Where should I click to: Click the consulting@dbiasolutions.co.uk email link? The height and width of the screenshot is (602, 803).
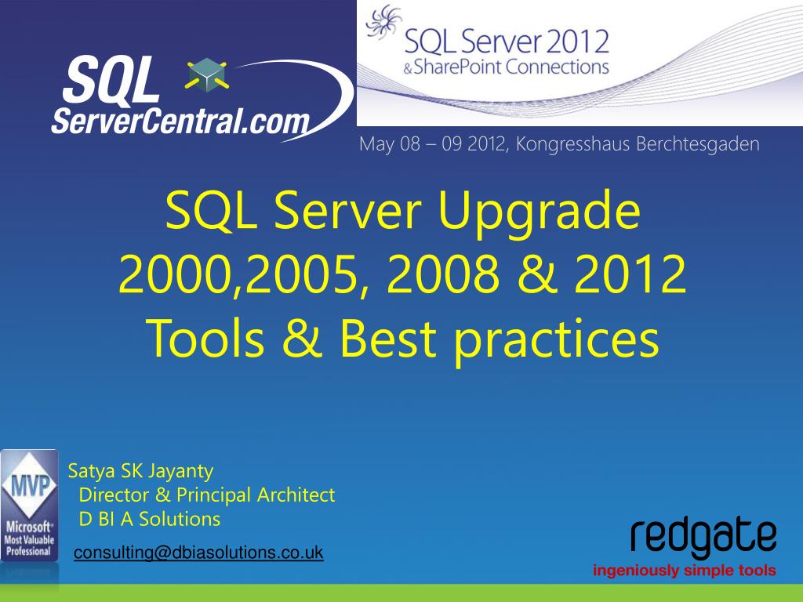click(x=198, y=553)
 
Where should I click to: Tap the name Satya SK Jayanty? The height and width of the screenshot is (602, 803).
click(x=140, y=471)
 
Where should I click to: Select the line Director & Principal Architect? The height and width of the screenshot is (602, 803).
click(x=207, y=495)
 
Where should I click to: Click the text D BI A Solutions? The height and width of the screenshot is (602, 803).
click(x=150, y=519)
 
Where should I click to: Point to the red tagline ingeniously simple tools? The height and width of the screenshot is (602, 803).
click(x=685, y=570)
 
